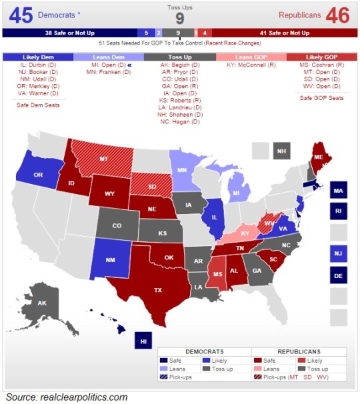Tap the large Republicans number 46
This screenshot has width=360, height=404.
(338, 14)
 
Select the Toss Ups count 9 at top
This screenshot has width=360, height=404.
(179, 19)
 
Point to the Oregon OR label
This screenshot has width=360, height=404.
(39, 175)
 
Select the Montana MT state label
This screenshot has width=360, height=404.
(104, 160)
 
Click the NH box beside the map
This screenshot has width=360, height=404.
(281, 151)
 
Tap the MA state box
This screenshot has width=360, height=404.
(338, 191)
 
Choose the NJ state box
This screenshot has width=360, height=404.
(338, 253)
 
